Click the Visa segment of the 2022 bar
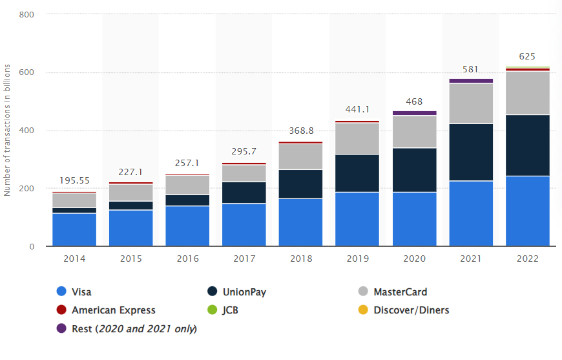coord(527,211)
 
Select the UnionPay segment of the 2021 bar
coord(471,153)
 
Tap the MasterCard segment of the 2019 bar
coord(357,138)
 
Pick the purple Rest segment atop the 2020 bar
coord(414,113)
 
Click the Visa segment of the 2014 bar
coord(74,229)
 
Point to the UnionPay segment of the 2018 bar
coord(300,184)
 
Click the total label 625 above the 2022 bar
coord(527,56)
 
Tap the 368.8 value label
coord(300,131)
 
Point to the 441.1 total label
coord(357,109)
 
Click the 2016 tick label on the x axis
coord(187,259)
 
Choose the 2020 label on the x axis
coord(414,259)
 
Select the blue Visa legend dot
coord(61,292)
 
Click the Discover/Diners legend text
coord(411,310)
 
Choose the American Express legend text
coord(114,310)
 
